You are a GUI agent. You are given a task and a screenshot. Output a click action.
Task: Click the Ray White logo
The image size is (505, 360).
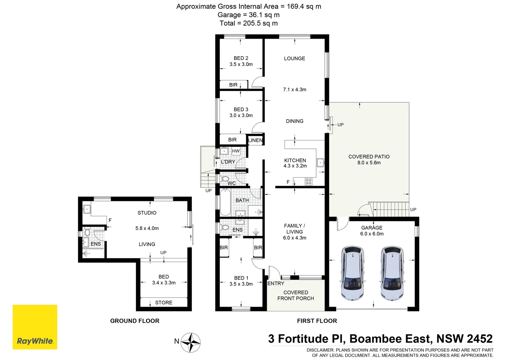[35, 327]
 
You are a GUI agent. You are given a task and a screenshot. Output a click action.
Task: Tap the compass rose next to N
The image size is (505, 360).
[191, 342]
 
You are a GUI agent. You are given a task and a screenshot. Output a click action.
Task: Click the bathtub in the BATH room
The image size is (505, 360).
[225, 202]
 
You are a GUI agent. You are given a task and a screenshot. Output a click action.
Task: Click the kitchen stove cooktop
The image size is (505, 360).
[308, 182]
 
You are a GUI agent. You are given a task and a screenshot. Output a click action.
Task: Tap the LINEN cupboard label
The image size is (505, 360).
[255, 140]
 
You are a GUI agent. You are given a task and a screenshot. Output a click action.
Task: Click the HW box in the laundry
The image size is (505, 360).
[236, 151]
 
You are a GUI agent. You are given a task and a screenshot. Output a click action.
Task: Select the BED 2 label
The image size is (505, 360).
[241, 58]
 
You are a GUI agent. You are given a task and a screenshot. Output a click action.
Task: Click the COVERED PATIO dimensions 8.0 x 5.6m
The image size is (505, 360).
[369, 163]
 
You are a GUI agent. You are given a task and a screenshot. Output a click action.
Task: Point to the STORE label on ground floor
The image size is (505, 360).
[164, 303]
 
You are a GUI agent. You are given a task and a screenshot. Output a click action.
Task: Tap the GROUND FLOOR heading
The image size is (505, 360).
[135, 321]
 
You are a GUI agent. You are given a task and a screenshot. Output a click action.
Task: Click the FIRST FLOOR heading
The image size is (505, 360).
[317, 321]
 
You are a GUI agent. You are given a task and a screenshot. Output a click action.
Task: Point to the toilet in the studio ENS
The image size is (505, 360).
[87, 232]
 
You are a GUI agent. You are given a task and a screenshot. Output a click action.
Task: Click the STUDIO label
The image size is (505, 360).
[147, 213]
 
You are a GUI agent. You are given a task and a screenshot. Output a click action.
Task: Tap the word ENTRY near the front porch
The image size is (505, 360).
[276, 283]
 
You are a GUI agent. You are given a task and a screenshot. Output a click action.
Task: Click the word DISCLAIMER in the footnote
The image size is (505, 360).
[320, 350]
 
